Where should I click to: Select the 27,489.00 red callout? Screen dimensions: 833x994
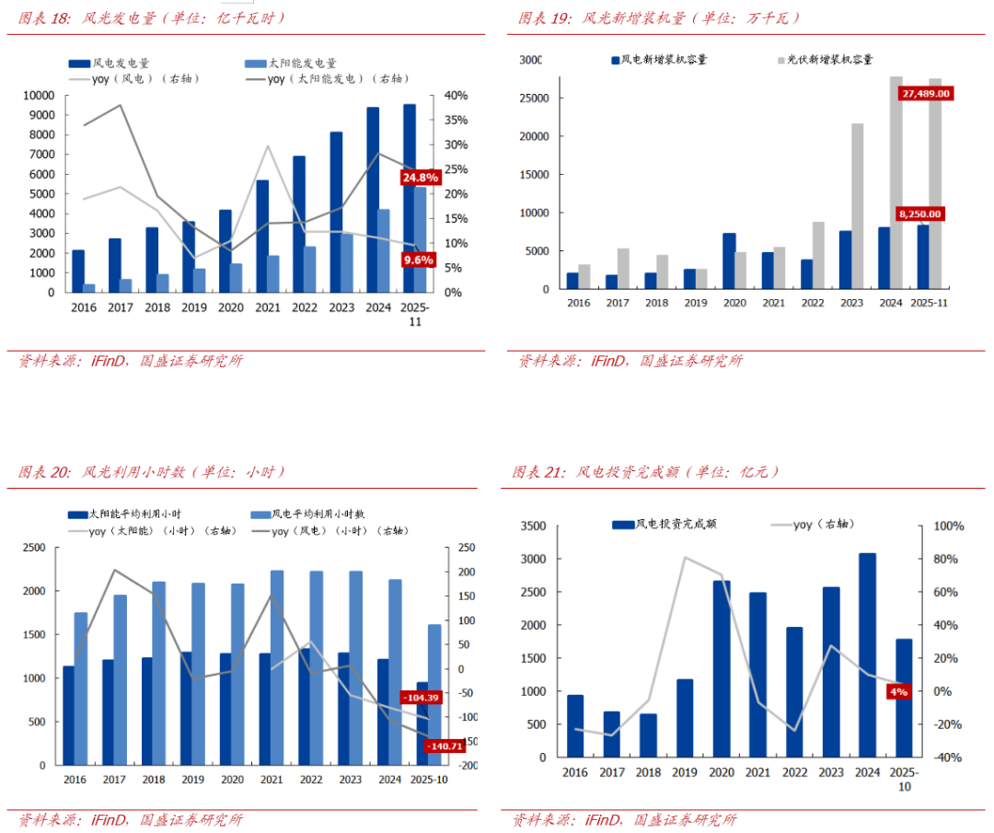tap(926, 93)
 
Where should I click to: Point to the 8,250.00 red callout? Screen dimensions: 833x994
tap(920, 214)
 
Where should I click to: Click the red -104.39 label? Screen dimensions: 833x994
tap(422, 698)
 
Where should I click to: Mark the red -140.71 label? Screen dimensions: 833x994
tap(444, 746)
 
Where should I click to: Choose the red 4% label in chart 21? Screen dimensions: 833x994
tap(898, 690)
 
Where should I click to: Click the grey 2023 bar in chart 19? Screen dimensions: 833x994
tap(857, 206)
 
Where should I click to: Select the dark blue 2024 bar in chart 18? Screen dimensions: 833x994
tap(373, 200)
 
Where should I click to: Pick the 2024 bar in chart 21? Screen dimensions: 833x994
tap(866, 654)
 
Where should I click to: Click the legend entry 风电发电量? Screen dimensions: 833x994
tap(109, 63)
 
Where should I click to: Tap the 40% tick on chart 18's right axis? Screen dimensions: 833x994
tap(457, 96)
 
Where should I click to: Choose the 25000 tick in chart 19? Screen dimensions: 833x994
tap(533, 98)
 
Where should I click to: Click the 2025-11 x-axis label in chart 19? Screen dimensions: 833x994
tap(928, 303)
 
